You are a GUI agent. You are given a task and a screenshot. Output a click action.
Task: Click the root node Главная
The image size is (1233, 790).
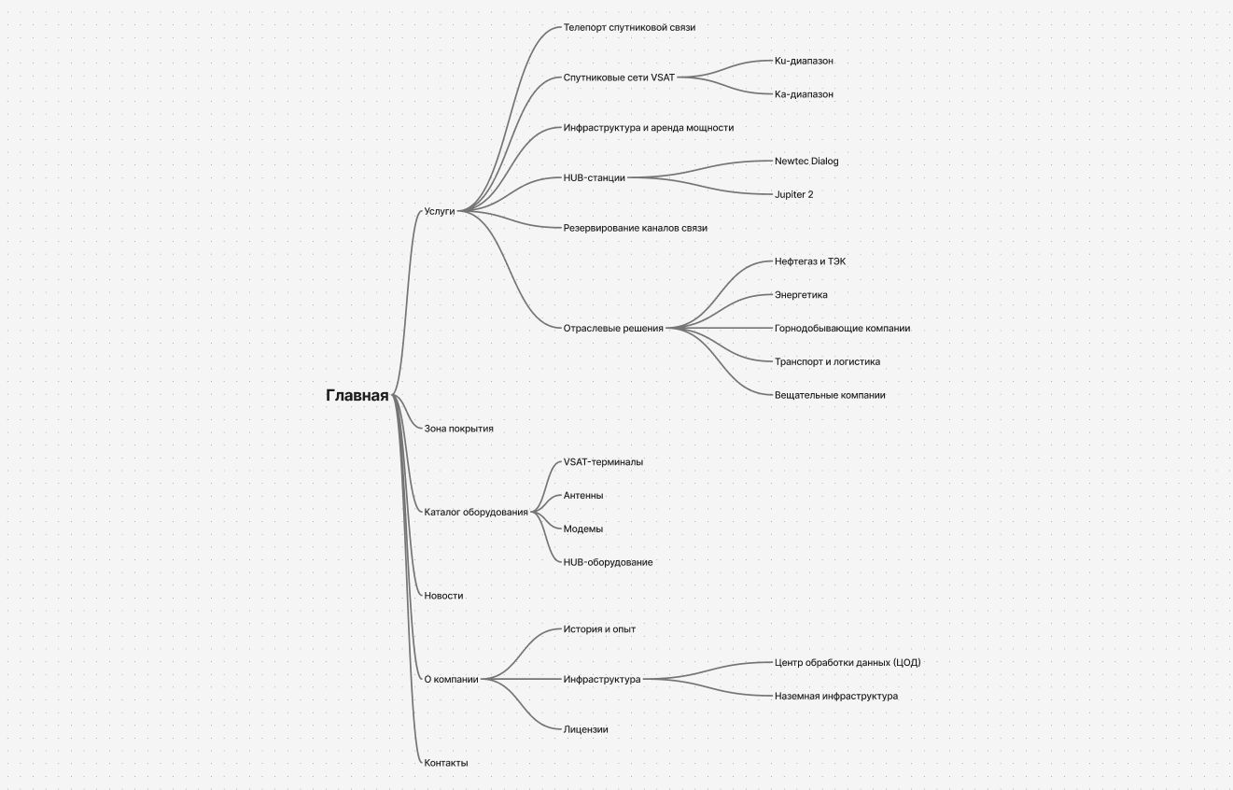(x=357, y=395)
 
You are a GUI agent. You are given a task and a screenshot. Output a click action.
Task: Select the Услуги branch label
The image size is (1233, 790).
(x=440, y=211)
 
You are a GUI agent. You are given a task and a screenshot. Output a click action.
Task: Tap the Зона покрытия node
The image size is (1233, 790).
(x=458, y=429)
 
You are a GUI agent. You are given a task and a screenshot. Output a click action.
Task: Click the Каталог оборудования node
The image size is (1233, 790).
(x=476, y=512)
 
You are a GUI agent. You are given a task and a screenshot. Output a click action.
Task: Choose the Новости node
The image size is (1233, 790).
(x=443, y=596)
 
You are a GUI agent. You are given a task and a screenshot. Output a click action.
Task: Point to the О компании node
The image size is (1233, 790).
(x=452, y=680)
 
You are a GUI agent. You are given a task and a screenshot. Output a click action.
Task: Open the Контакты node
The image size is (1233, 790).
(x=446, y=763)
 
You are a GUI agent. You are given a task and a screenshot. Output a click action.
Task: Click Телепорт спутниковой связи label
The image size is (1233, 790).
(x=629, y=27)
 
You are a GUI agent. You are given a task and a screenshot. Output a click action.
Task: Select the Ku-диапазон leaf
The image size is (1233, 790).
(x=804, y=61)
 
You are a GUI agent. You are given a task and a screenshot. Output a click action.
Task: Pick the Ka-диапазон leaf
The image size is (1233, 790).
(x=804, y=94)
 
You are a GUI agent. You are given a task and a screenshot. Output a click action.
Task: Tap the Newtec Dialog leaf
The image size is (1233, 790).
(x=806, y=162)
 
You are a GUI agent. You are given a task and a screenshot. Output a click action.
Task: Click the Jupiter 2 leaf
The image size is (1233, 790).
(x=793, y=194)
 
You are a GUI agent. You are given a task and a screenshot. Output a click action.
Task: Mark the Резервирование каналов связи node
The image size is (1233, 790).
(x=636, y=228)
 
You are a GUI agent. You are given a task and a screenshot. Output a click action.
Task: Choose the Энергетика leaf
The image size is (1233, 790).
(x=801, y=294)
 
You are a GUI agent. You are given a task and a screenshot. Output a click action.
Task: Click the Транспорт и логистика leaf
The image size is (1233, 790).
(x=827, y=361)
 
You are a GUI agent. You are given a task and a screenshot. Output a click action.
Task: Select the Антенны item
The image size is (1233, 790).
(x=583, y=496)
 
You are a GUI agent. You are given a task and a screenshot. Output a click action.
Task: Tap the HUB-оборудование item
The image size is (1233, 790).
(x=608, y=562)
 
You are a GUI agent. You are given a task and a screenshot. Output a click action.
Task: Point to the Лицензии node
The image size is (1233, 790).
(x=585, y=729)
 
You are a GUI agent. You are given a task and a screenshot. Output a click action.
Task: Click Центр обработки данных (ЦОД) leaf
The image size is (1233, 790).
(x=848, y=662)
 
